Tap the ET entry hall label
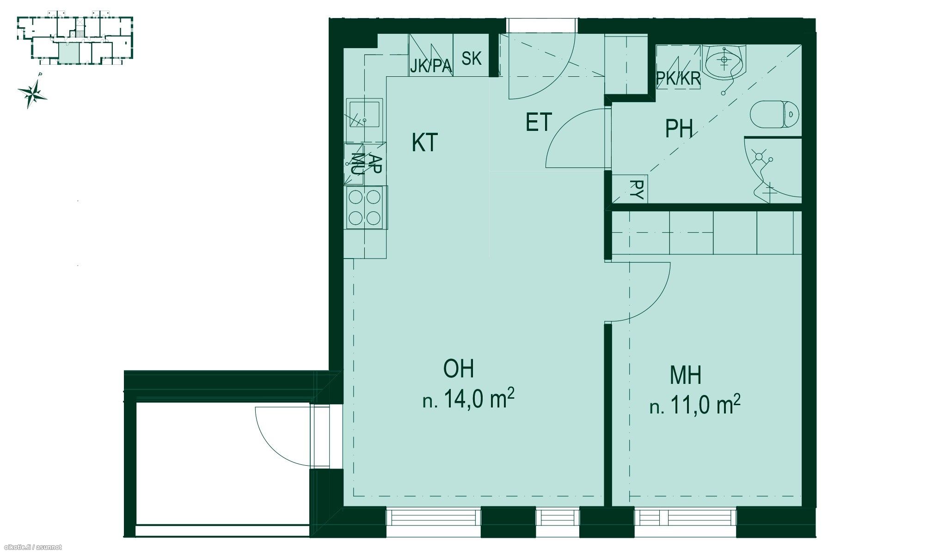tap(539, 122)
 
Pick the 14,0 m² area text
tap(469, 399)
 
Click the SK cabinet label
tap(471, 59)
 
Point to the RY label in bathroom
tap(637, 190)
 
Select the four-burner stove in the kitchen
tap(365, 208)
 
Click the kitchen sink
tap(364, 114)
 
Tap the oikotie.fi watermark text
tap(31, 548)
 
